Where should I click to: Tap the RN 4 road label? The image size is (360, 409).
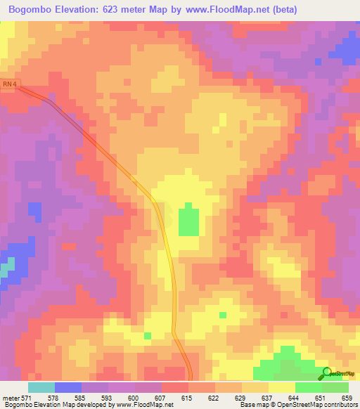coord(8,83)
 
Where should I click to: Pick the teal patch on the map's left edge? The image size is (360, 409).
coord(6,269)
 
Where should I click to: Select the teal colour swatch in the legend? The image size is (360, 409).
coord(41,387)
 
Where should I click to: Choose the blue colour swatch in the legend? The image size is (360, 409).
coord(67,387)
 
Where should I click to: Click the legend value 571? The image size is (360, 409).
coord(26,398)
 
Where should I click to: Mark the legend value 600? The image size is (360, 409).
coord(143,398)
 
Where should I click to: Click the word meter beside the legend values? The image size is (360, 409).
coord(10,398)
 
